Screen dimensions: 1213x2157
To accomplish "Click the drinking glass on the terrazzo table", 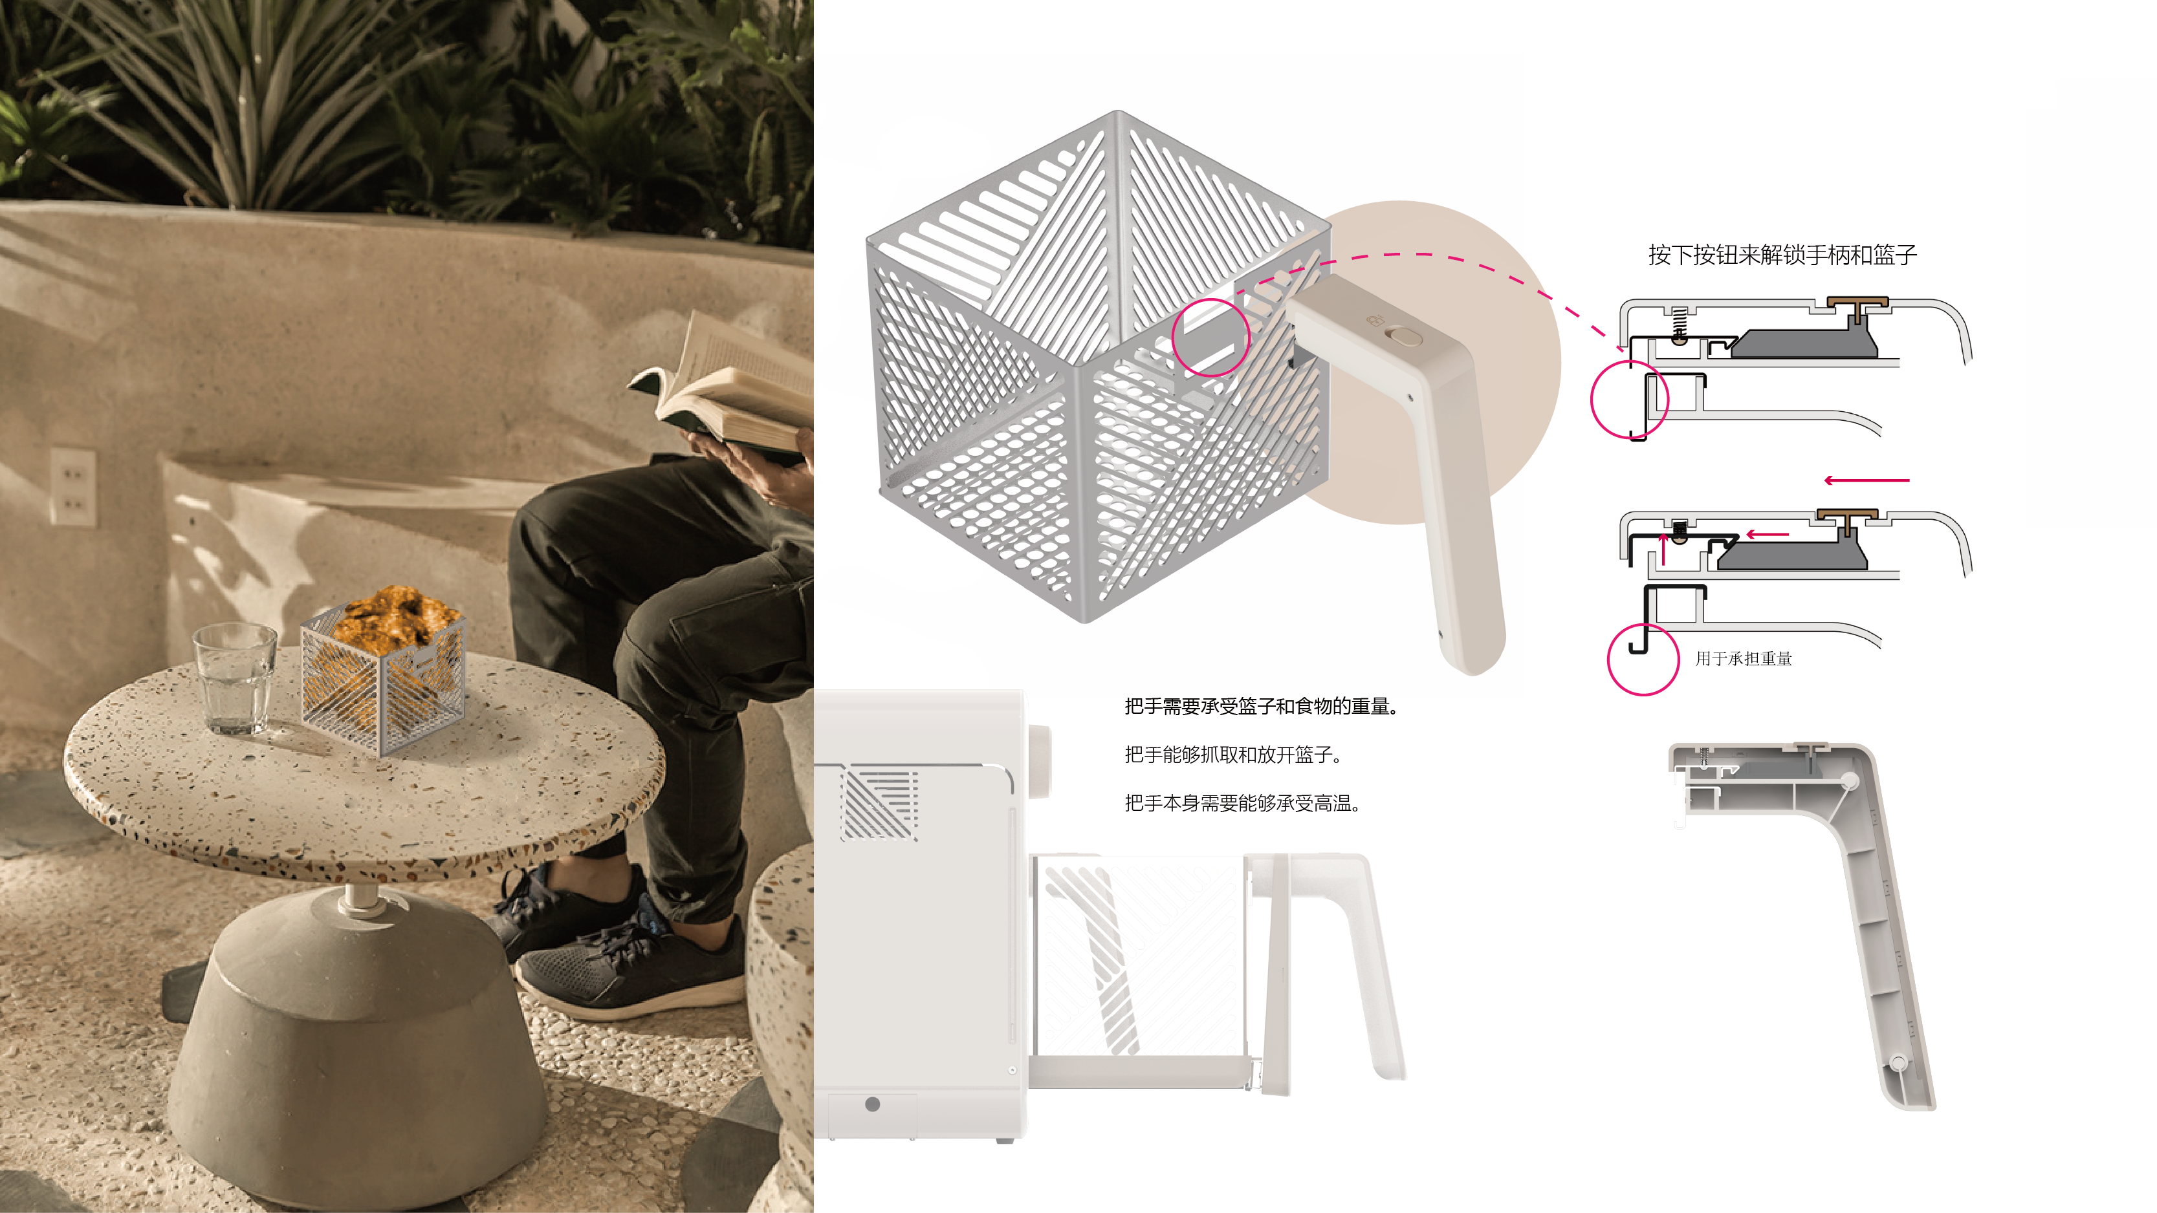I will point(234,680).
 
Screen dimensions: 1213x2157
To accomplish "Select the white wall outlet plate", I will point(73,486).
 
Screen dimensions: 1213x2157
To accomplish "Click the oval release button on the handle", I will point(1404,336).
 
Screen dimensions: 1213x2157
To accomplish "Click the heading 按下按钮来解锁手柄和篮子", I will point(1782,255).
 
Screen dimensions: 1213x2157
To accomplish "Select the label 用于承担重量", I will point(1744,659).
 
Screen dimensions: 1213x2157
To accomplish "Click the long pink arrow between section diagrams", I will point(1867,480).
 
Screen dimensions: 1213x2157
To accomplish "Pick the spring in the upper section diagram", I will point(1679,321).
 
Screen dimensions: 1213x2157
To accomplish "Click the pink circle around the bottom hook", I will point(1642,659).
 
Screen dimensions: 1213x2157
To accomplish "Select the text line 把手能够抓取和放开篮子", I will point(1232,755).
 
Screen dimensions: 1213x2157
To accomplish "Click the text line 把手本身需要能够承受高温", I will point(1241,803).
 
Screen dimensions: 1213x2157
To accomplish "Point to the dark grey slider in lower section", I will point(1792,555).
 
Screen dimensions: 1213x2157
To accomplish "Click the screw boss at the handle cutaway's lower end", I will point(1898,1063).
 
